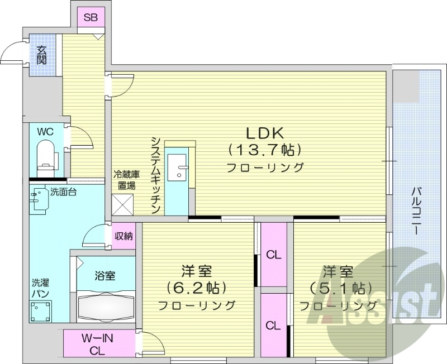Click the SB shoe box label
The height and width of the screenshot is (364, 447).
(91, 17)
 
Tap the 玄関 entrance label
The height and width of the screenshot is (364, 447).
(42, 55)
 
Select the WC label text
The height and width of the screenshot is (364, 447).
(45, 132)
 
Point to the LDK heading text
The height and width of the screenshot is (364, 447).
(265, 133)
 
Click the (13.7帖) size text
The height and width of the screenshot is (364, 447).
(265, 150)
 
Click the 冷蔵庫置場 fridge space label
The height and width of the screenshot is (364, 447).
(124, 180)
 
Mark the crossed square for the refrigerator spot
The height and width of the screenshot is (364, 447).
(123, 204)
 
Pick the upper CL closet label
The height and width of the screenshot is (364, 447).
(274, 255)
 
